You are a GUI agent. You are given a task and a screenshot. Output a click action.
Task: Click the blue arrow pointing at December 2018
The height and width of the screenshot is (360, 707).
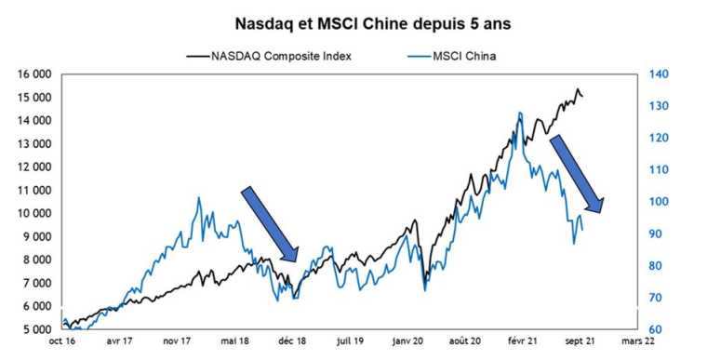[x=270, y=224]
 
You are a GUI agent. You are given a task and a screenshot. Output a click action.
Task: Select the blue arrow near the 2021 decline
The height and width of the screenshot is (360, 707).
[x=577, y=174]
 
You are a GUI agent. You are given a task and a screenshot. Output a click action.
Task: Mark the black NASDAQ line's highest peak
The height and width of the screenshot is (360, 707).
[x=578, y=89]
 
